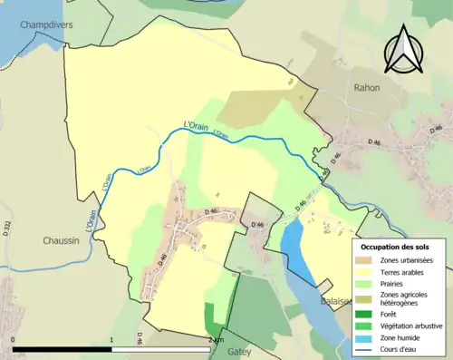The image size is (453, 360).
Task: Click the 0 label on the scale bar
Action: pyautogui.click(x=13, y=340)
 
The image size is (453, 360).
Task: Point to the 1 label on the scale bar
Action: pyautogui.click(x=111, y=340)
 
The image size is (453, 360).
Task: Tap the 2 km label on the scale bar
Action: pyautogui.click(x=215, y=340)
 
